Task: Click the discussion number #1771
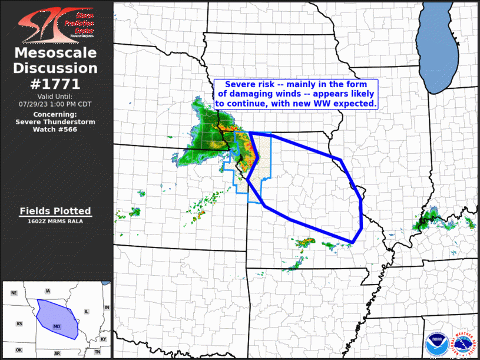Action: click(55, 84)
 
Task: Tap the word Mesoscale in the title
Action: click(55, 53)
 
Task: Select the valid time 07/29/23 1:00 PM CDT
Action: click(55, 104)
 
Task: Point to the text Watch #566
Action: click(55, 128)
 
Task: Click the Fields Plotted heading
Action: click(55, 210)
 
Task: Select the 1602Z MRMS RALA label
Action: click(55, 221)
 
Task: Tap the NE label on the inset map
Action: click(14, 293)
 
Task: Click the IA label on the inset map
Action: click(48, 290)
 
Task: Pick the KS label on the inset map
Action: click(19, 324)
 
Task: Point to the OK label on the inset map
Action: click(19, 350)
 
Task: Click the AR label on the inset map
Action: click(57, 352)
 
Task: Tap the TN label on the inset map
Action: click(97, 352)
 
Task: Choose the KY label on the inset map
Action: click(104, 339)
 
